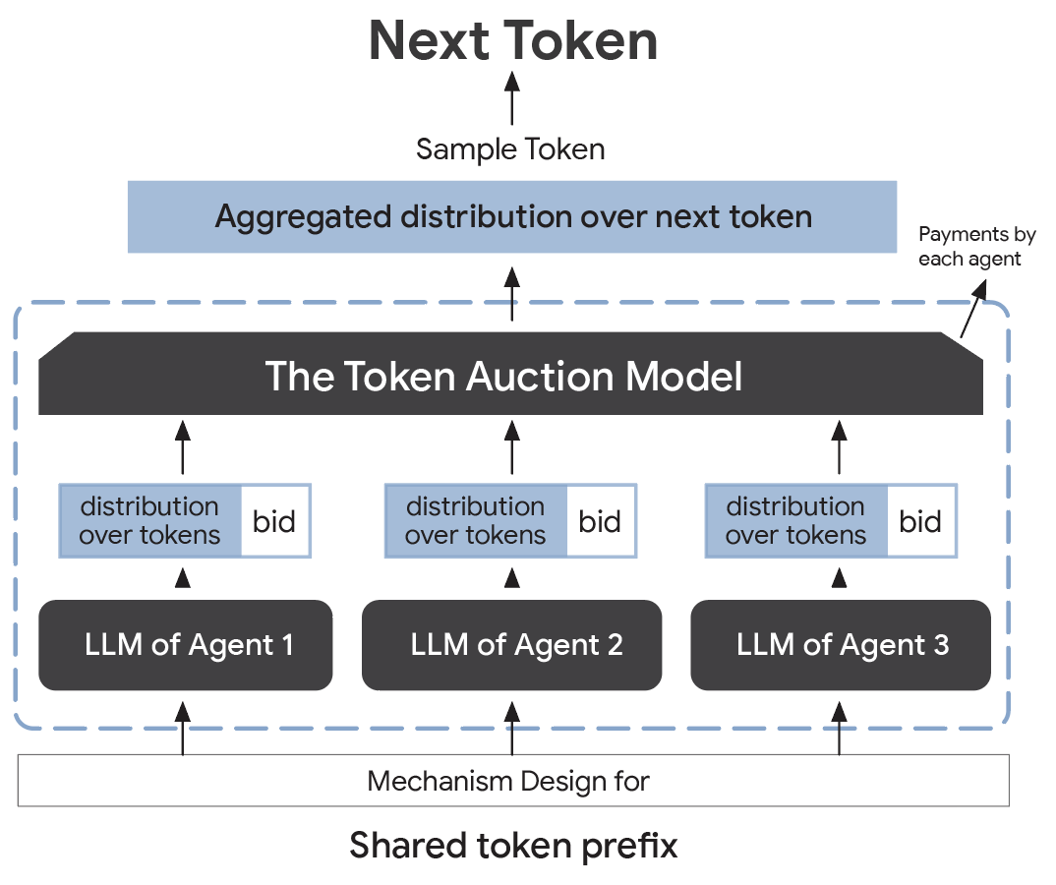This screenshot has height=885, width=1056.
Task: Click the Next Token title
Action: [x=512, y=42]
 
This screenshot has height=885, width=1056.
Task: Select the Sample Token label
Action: [x=510, y=149]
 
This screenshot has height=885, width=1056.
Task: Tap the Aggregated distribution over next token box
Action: [x=512, y=216]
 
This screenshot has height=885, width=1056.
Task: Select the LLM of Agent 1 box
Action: [x=185, y=645]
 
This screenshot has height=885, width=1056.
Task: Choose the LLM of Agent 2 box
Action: [x=511, y=645]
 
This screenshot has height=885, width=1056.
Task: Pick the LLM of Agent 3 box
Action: [x=840, y=645]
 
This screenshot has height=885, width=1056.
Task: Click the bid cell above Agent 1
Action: [x=274, y=521]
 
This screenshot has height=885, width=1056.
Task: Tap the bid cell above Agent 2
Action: [x=600, y=521]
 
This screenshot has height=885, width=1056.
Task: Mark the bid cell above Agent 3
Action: [x=920, y=521]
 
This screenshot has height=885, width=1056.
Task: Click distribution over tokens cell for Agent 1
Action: [x=149, y=521]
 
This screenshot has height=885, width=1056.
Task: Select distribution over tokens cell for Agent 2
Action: [x=476, y=521]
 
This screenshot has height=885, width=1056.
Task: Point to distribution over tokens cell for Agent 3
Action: [x=795, y=521]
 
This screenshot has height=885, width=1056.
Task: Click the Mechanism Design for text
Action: [x=508, y=782]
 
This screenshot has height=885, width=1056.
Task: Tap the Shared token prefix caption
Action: [x=513, y=845]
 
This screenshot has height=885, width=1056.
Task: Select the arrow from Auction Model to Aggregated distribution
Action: [x=511, y=291]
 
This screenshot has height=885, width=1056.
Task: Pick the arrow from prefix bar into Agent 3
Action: [x=839, y=727]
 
